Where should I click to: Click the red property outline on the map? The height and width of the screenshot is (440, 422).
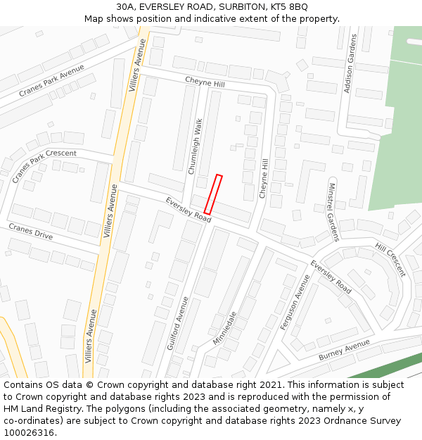point(213,194)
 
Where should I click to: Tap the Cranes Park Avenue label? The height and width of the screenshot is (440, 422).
point(51,81)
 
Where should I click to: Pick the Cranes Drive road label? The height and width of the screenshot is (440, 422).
point(30,232)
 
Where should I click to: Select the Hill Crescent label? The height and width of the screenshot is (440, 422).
point(390,260)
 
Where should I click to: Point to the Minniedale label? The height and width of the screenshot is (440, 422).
point(225,328)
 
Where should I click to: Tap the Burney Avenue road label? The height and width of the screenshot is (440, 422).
point(344,350)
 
